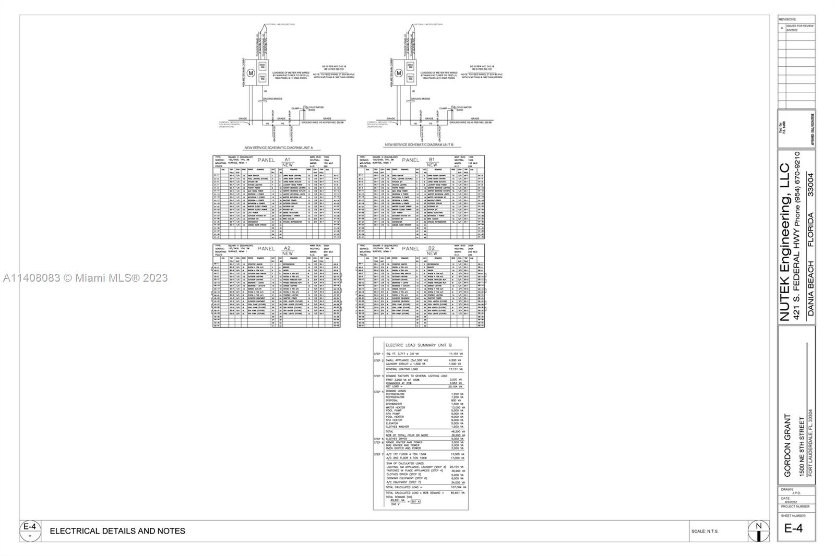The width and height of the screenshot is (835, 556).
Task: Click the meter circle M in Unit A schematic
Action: click(x=250, y=74)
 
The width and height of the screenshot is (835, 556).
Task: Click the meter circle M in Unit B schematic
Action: click(x=399, y=74)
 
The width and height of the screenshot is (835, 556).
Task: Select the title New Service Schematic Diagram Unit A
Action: click(x=279, y=148)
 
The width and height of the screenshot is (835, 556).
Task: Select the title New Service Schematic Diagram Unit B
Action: click(x=419, y=144)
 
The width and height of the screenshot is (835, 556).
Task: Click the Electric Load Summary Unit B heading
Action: click(x=419, y=345)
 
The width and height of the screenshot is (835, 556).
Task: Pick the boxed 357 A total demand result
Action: click(x=415, y=502)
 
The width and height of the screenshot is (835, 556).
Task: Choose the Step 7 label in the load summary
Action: click(x=378, y=454)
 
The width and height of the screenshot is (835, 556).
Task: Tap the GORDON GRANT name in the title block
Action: click(x=788, y=445)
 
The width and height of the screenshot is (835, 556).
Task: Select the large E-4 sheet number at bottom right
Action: click(x=793, y=528)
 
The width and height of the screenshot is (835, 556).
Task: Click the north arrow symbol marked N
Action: click(x=759, y=531)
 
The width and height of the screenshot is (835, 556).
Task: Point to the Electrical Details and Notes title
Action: click(x=117, y=531)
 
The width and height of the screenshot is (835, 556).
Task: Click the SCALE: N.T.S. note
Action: click(x=705, y=531)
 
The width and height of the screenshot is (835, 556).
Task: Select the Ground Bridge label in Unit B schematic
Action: click(x=420, y=99)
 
